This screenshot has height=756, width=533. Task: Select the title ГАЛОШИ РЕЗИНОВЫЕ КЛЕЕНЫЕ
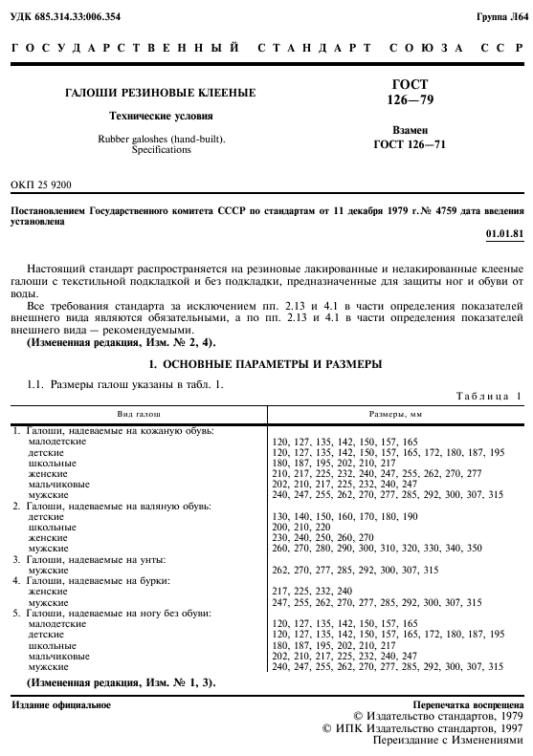point(160,93)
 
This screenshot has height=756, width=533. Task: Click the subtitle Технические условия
point(160,116)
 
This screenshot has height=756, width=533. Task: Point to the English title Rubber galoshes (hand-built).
point(160,139)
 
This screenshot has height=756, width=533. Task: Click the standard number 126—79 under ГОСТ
point(410,99)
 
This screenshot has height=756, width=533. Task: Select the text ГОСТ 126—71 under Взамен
point(410,144)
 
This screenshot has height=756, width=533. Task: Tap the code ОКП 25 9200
point(40,184)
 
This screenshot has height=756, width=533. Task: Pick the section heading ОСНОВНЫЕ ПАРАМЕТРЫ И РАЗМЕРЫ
point(266,364)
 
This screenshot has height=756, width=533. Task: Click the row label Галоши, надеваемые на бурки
point(110,580)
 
